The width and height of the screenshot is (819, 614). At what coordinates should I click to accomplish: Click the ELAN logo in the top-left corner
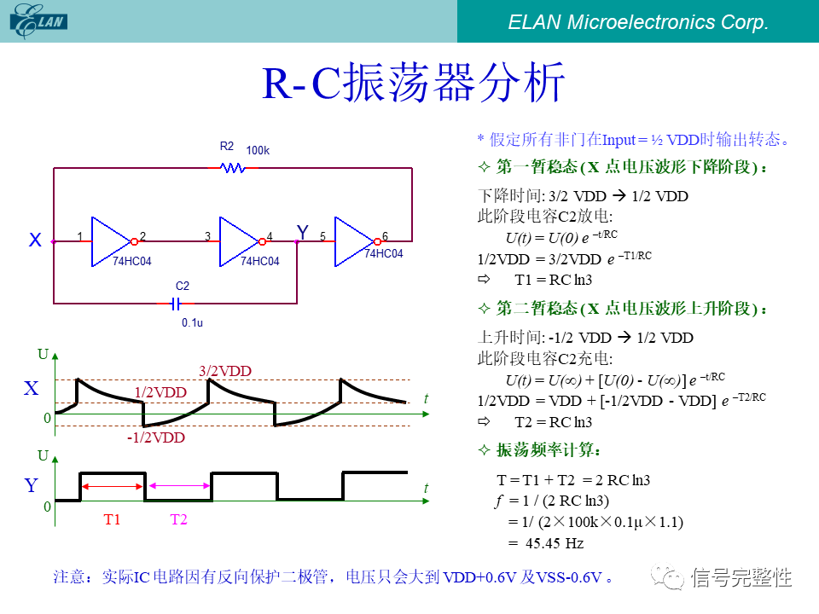pyautogui.click(x=39, y=20)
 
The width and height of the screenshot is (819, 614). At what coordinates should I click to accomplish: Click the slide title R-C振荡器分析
pyautogui.click(x=413, y=84)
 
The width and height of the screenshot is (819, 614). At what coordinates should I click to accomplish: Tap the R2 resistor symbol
pyautogui.click(x=232, y=169)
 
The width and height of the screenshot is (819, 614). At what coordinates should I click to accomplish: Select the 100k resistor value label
pyautogui.click(x=258, y=151)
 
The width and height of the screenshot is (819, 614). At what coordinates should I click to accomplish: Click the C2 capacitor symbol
pyautogui.click(x=177, y=303)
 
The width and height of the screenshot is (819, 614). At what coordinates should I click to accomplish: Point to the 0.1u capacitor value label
pyautogui.click(x=192, y=323)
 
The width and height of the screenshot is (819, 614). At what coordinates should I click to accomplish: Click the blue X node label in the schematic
pyautogui.click(x=35, y=241)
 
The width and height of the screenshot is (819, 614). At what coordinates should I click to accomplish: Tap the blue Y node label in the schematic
pyautogui.click(x=302, y=232)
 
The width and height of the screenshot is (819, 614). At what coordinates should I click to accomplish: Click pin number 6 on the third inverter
pyautogui.click(x=385, y=236)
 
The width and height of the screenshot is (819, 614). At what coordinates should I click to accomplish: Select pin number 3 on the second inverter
pyautogui.click(x=207, y=236)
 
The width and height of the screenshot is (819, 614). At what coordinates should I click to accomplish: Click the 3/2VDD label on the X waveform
pyautogui.click(x=225, y=371)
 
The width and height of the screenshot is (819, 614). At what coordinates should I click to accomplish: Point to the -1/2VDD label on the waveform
pyautogui.click(x=155, y=437)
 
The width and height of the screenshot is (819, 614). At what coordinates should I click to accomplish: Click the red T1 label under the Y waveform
pyautogui.click(x=112, y=518)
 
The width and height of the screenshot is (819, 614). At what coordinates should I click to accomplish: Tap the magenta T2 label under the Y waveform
pyautogui.click(x=178, y=518)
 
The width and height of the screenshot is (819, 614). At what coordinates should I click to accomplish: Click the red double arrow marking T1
pyautogui.click(x=113, y=486)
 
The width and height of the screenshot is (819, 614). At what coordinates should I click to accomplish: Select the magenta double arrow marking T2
pyautogui.click(x=179, y=486)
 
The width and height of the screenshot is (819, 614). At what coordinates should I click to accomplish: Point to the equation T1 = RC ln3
pyautogui.click(x=553, y=280)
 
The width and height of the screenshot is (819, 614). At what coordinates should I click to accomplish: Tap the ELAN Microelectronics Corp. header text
pyautogui.click(x=638, y=22)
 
